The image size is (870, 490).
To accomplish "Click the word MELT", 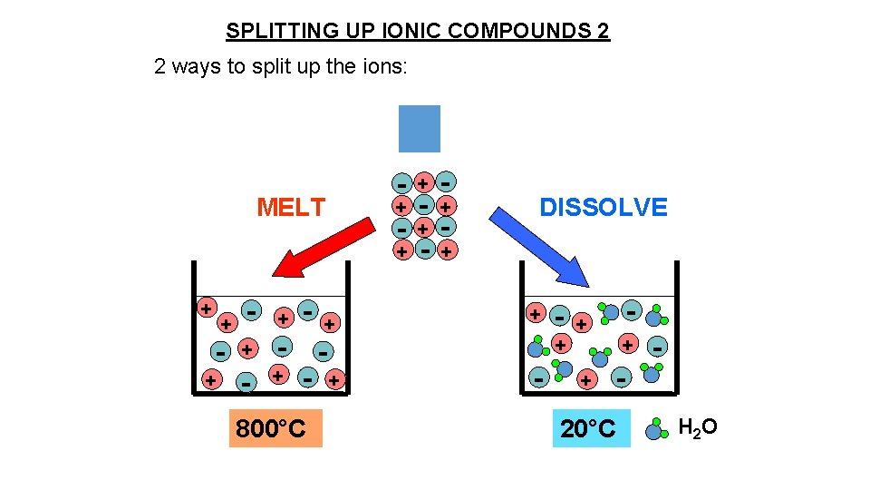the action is [290, 208].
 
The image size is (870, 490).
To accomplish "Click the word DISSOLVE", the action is [603, 208].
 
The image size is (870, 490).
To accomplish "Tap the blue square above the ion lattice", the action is [420, 128].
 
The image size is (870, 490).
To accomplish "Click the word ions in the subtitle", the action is [387, 68].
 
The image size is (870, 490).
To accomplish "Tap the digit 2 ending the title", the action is [604, 32].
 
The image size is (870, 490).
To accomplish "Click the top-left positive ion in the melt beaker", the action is [207, 307].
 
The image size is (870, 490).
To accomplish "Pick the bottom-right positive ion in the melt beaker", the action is [335, 379].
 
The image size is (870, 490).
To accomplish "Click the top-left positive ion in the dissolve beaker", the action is [536, 314].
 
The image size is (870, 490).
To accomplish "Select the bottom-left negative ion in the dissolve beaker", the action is [538, 377].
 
